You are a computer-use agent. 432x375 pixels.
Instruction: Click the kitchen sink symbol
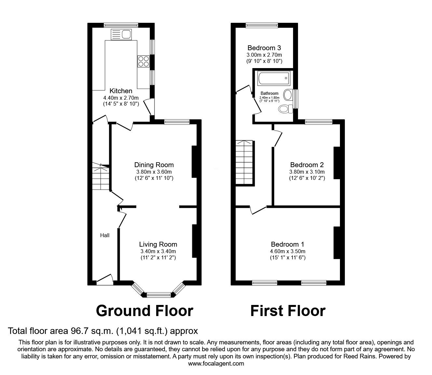point(121,34)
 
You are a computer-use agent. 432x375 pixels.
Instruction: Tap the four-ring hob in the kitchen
point(143,61)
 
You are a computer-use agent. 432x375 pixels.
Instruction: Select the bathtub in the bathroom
point(274,78)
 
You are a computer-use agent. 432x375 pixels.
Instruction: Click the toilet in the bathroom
point(286,109)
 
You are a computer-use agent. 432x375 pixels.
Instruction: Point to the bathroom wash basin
point(289,95)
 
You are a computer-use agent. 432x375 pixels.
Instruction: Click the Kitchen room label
point(121,91)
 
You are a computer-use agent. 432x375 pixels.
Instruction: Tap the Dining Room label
point(154,165)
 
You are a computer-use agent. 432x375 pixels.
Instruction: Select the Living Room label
point(158,244)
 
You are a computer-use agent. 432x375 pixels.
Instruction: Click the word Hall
point(105,235)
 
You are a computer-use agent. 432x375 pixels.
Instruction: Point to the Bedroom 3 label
point(264,48)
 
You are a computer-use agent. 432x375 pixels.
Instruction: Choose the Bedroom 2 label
point(307,165)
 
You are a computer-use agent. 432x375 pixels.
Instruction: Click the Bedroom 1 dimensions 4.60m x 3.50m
point(288,251)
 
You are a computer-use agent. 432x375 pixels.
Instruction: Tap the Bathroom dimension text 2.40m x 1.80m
point(269,97)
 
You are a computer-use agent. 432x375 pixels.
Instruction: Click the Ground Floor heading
point(144,311)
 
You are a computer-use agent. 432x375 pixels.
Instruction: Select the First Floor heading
point(288,311)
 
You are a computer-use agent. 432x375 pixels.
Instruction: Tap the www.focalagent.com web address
point(216,364)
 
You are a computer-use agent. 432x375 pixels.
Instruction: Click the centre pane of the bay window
point(159,295)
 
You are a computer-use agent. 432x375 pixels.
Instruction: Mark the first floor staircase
point(245,163)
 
